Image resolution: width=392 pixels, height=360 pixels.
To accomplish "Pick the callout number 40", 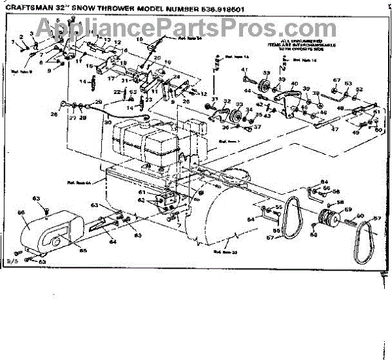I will [293, 84].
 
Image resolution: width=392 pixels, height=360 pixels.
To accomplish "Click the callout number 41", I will [244, 71].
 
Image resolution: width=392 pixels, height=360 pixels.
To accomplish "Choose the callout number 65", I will [82, 250].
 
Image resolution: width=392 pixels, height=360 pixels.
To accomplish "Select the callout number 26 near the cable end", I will [54, 114].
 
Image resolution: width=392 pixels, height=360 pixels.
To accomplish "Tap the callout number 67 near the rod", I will [336, 81].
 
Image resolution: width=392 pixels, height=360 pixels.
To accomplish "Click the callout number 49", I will [355, 131].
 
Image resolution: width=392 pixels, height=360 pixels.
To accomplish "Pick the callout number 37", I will [257, 127].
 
